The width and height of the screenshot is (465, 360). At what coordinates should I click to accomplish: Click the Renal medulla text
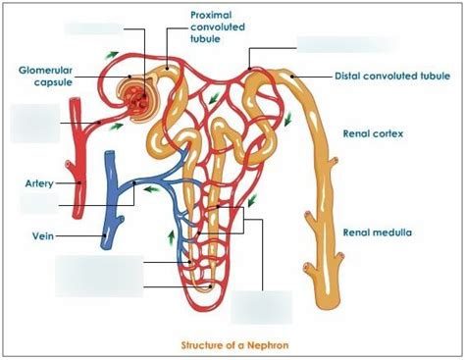377,232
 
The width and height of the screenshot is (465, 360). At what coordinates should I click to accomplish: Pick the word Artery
38,182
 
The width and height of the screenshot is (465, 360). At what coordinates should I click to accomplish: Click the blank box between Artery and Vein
38,204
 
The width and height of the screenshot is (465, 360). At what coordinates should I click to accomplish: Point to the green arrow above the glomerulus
116,55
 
